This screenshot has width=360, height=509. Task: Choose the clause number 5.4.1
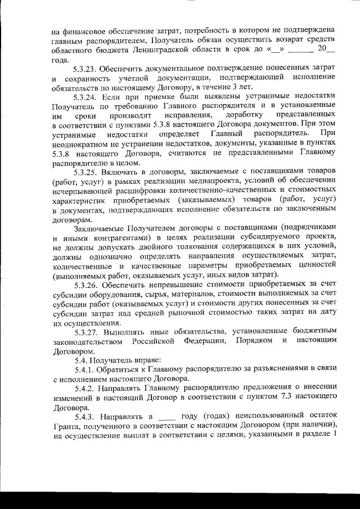[86, 369]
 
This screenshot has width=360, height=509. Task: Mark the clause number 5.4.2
[86, 389]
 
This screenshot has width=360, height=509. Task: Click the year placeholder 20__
[326, 48]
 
